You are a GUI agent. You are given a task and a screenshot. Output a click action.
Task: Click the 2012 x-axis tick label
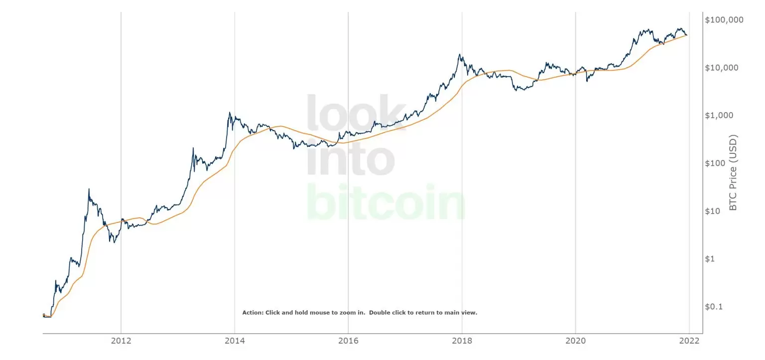tap(121, 341)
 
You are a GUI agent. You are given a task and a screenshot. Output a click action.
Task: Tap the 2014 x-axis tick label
tap(235, 341)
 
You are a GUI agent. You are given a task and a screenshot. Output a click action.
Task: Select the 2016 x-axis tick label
tap(348, 341)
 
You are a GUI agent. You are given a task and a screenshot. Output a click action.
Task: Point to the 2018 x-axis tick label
tap(462, 341)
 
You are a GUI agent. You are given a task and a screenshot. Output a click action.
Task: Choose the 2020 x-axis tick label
tap(575, 341)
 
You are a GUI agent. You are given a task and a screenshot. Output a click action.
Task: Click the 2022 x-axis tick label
tap(689, 341)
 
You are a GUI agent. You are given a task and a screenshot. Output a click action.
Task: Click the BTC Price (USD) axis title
tap(733, 173)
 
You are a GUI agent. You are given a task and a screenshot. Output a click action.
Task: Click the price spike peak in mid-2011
tap(89, 189)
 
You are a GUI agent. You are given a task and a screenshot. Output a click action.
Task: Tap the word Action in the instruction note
tap(252, 313)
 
